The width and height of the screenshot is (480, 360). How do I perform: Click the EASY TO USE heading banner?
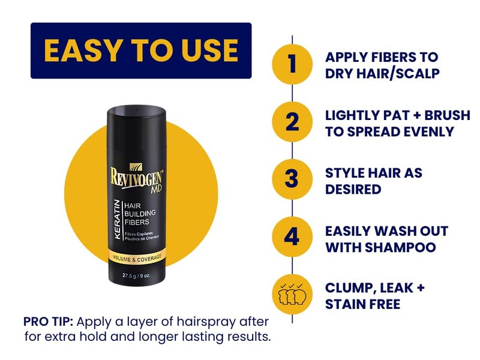click(141, 50)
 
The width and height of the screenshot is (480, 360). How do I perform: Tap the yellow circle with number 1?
click(292, 65)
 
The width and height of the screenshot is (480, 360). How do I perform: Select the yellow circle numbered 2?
click(292, 122)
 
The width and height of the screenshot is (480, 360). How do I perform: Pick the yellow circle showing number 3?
click(292, 180)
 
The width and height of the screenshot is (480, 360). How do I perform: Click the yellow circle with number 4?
click(292, 238)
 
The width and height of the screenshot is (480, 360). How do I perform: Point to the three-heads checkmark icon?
click(292, 295)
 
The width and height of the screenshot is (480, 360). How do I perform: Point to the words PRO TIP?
click(49, 320)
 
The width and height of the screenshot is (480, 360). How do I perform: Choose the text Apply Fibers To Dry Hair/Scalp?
click(382, 65)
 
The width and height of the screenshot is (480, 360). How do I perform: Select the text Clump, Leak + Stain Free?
click(375, 295)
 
